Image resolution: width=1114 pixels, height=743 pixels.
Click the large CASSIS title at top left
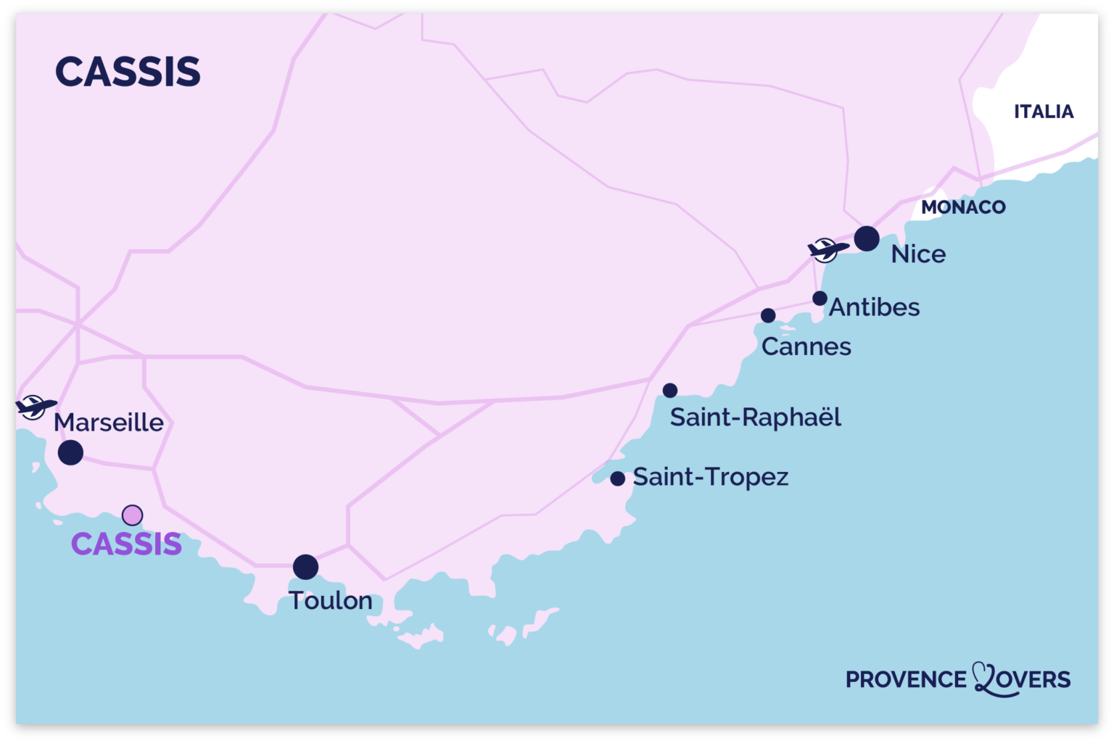pos(128,72)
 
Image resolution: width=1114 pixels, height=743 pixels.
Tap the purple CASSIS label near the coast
pos(126,544)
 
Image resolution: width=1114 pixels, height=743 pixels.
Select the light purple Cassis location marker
pos(132,515)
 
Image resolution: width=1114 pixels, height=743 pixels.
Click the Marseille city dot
pos(70,452)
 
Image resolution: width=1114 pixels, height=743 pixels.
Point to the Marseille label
pos(109,422)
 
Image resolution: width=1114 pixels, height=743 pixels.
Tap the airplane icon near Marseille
pos(34,407)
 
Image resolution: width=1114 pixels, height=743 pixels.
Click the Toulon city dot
pos(305,567)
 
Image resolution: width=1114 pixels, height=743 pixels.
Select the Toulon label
pos(331,601)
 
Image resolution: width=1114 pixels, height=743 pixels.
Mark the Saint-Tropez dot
pos(618,478)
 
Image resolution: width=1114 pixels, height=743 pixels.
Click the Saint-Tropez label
pos(711,477)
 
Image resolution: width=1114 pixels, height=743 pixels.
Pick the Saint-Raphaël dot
pos(670,391)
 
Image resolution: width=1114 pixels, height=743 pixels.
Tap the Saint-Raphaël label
pos(755,418)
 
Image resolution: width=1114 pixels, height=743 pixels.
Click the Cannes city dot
pos(768,315)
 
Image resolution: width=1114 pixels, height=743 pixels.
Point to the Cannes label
pos(806,346)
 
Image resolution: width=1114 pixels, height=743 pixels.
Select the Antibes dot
pos(820,299)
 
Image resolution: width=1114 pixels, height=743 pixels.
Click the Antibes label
pos(875,307)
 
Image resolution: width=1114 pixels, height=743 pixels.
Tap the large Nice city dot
pos(867,238)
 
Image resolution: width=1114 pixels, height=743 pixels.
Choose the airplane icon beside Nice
pos(826,250)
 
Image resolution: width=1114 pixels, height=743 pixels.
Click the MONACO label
pos(963,207)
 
